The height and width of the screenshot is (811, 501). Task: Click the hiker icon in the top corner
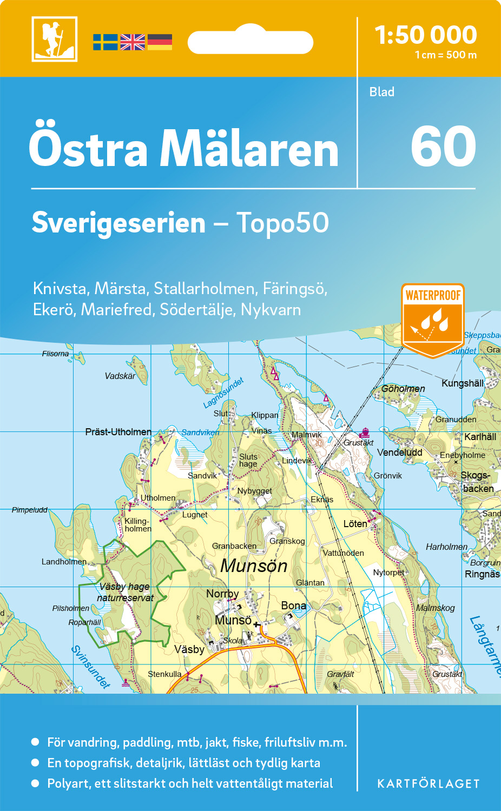pyautogui.click(x=54, y=39)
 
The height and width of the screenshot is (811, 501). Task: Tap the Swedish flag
pyautogui.click(x=105, y=42)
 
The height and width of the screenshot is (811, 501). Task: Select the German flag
pyautogui.click(x=160, y=42)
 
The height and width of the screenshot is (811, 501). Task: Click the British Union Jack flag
pyautogui.click(x=133, y=42)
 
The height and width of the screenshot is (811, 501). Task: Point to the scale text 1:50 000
pyautogui.click(x=426, y=35)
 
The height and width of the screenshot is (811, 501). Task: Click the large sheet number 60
pyautogui.click(x=443, y=147)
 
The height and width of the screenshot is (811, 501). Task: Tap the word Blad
pyautogui.click(x=382, y=92)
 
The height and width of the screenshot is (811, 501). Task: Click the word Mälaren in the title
pyautogui.click(x=249, y=149)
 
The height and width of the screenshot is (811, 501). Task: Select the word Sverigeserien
pyautogui.click(x=118, y=223)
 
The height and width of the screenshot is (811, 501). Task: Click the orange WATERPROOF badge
pyautogui.click(x=433, y=319)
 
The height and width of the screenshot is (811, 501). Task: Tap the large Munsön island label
pyautogui.click(x=254, y=566)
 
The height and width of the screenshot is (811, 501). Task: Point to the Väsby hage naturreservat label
pyautogui.click(x=125, y=592)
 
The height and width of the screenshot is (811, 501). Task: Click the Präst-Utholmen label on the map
pyautogui.click(x=118, y=431)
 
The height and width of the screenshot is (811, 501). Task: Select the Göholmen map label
pyautogui.click(x=403, y=389)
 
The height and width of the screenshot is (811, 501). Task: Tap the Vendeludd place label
pyautogui.click(x=399, y=453)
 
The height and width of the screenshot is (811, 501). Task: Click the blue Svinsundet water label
pyautogui.click(x=90, y=667)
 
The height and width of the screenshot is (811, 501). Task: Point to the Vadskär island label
pyautogui.click(x=120, y=376)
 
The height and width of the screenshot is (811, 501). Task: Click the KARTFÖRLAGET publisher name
pyautogui.click(x=429, y=783)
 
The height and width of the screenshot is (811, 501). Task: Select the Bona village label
pyautogui.click(x=293, y=606)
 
